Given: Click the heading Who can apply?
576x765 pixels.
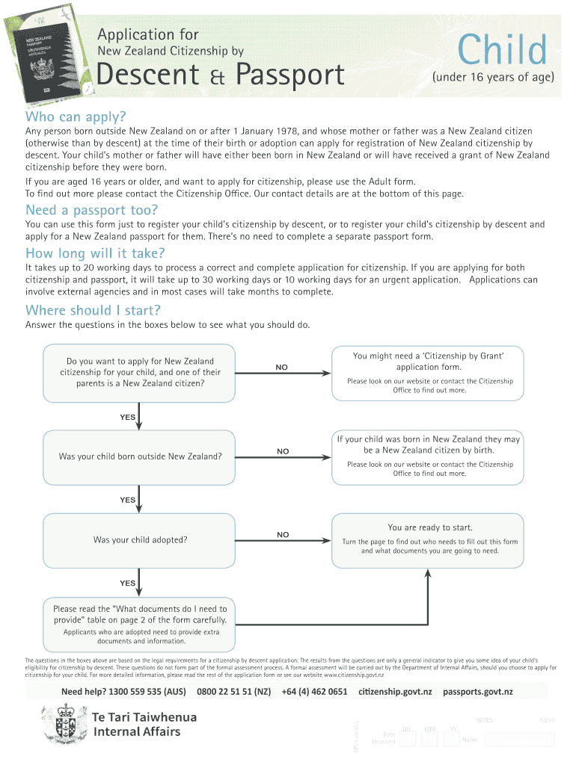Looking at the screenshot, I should tap(76, 117).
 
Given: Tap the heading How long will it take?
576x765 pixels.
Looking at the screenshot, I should tap(95, 253).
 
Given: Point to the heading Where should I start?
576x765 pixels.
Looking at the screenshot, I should tap(94, 310).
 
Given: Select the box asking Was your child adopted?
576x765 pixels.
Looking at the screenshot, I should tap(139, 539).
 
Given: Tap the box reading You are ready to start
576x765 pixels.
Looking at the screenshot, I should tap(429, 539).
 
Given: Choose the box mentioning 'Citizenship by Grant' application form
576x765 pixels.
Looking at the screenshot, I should tap(429, 373).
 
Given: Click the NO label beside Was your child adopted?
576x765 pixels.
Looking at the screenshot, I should tap(282, 534).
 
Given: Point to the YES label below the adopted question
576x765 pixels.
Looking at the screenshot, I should tap(128, 583).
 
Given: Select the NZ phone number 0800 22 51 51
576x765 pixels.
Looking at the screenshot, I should tap(233, 692).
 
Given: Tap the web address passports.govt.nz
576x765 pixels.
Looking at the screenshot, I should tap(477, 692).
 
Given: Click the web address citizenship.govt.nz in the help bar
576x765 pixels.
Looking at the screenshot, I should tap(395, 692).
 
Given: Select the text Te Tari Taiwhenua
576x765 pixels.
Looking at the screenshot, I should tap(144, 717).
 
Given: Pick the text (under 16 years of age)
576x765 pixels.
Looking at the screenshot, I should tap(492, 76).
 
